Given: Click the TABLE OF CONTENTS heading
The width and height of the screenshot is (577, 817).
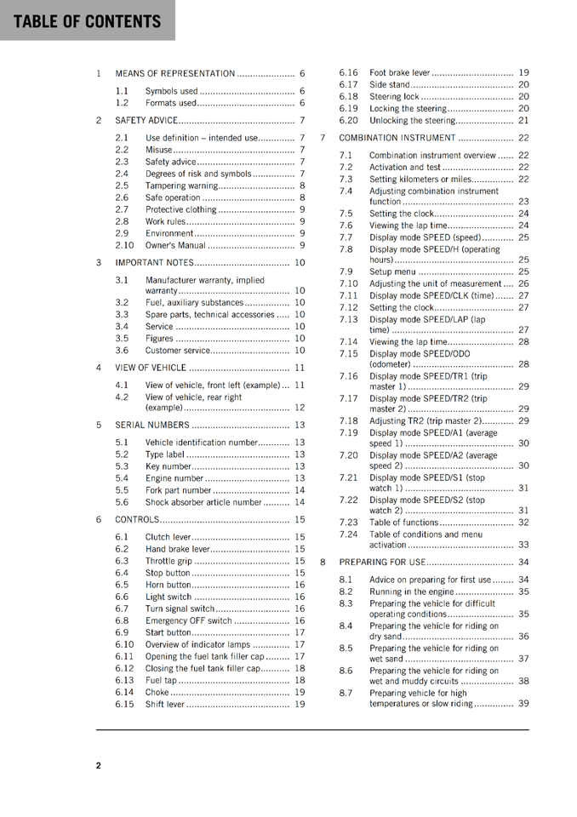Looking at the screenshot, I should pos(87,21).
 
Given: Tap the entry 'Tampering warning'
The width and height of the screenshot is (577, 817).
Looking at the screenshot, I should pos(181,186).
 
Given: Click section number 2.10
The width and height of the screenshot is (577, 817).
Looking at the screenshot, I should pos(124,245).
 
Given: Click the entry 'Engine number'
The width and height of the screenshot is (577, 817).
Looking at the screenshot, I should pos(174,478).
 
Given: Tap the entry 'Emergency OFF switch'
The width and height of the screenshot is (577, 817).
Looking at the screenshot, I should pos(188,620).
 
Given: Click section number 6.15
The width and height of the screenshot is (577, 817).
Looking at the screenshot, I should pos(124,704).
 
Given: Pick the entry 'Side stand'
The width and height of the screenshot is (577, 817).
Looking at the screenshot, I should pos(390,85).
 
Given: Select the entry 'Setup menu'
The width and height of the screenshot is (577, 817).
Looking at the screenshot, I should pos(392,271).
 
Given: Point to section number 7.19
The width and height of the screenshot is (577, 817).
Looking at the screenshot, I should pos(349,432).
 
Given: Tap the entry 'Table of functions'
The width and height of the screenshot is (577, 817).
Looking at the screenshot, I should pos(404,522).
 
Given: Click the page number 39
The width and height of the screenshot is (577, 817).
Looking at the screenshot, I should pos(523,704).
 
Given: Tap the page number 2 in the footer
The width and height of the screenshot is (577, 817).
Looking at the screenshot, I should pos(99,765).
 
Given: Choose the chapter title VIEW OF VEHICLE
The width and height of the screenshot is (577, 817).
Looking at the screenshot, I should pos(151,368).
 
